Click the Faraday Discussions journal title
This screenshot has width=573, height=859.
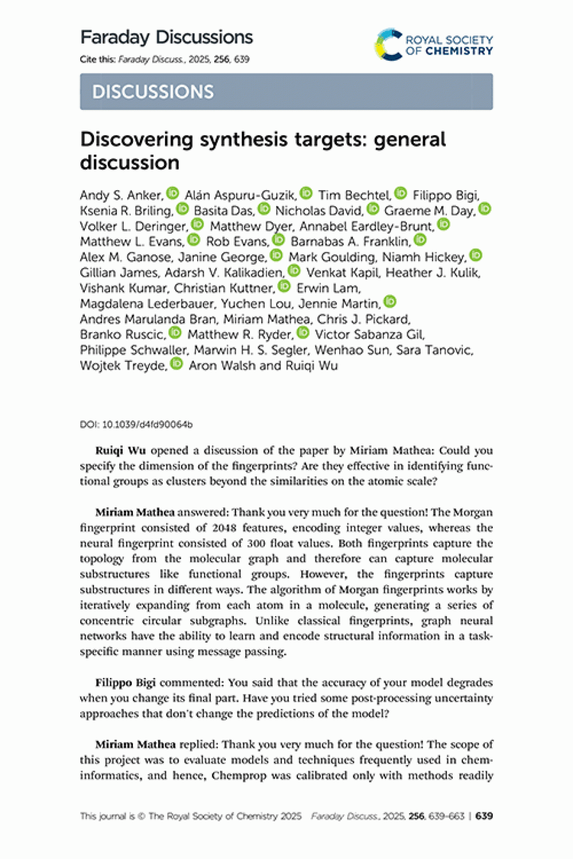pyautogui.click(x=166, y=37)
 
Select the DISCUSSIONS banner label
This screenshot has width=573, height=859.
pyautogui.click(x=153, y=92)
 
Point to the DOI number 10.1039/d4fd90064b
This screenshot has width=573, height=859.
pyautogui.click(x=147, y=425)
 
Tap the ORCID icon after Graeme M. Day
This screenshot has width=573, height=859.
pyautogui.click(x=484, y=209)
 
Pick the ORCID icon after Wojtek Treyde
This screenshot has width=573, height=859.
pyautogui.click(x=176, y=363)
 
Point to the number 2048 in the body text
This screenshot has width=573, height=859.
pyautogui.click(x=224, y=528)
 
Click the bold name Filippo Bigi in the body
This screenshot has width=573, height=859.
pyautogui.click(x=125, y=682)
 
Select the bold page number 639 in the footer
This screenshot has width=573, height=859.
pyautogui.click(x=484, y=816)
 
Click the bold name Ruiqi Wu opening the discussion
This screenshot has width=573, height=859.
pyautogui.click(x=120, y=450)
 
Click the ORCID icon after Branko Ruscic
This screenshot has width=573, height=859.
pyautogui.click(x=175, y=333)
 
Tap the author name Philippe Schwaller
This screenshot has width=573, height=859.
pyautogui.click(x=133, y=350)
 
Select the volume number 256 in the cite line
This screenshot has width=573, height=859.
pyautogui.click(x=221, y=59)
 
